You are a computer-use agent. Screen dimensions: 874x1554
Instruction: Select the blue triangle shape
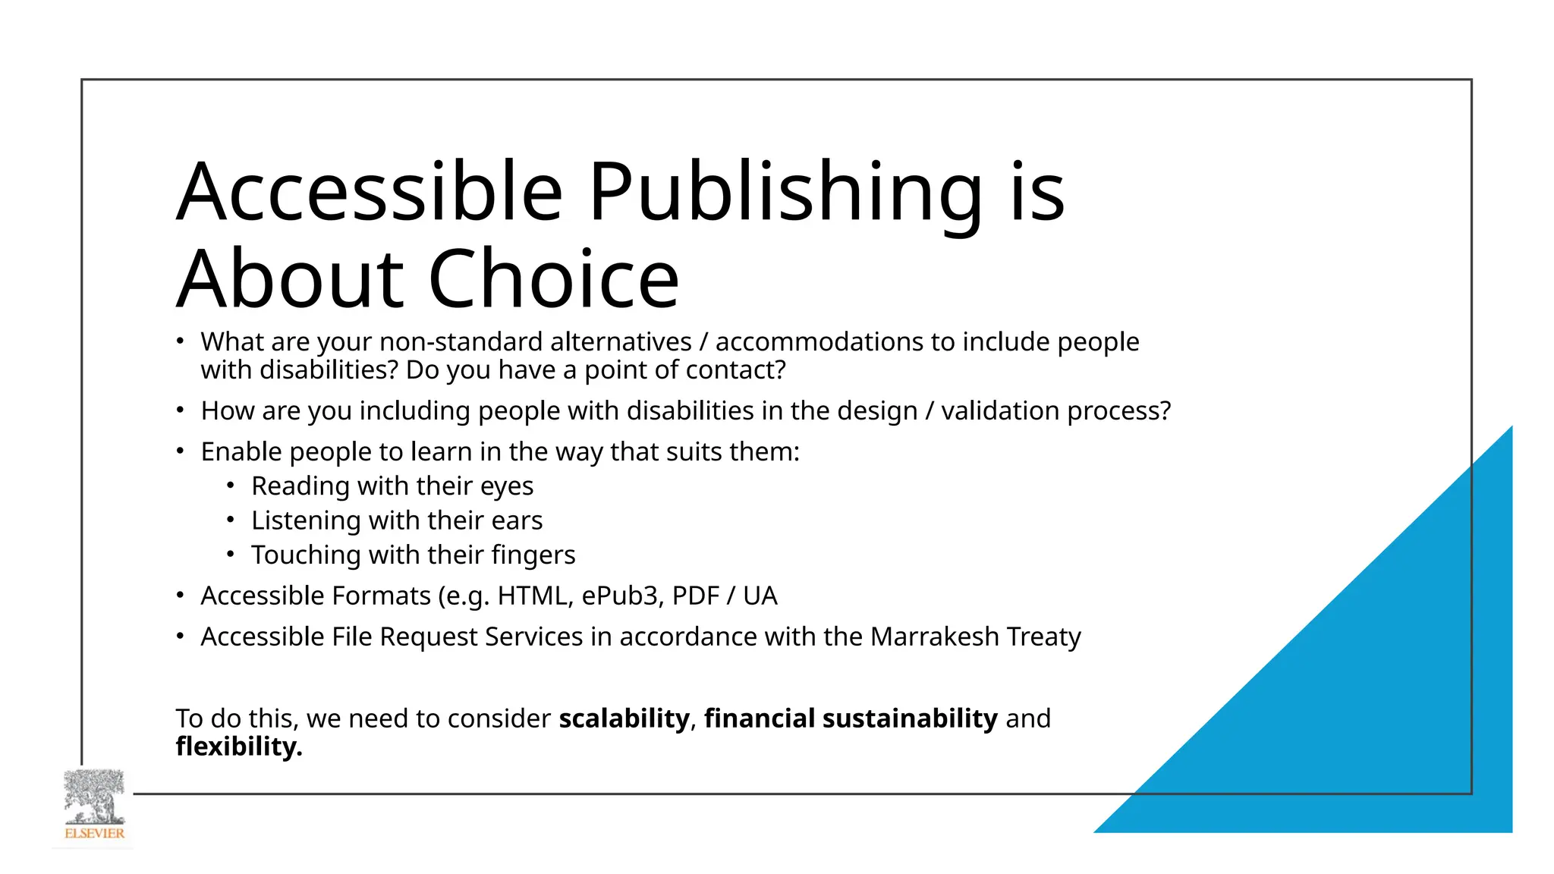1366,683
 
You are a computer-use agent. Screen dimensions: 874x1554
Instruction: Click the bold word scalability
624,718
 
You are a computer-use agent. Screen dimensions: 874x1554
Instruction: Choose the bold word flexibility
239,747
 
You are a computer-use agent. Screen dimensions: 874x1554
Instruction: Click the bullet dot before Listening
231,520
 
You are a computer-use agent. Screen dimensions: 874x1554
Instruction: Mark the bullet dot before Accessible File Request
180,636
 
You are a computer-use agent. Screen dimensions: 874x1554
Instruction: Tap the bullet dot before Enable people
180,451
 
